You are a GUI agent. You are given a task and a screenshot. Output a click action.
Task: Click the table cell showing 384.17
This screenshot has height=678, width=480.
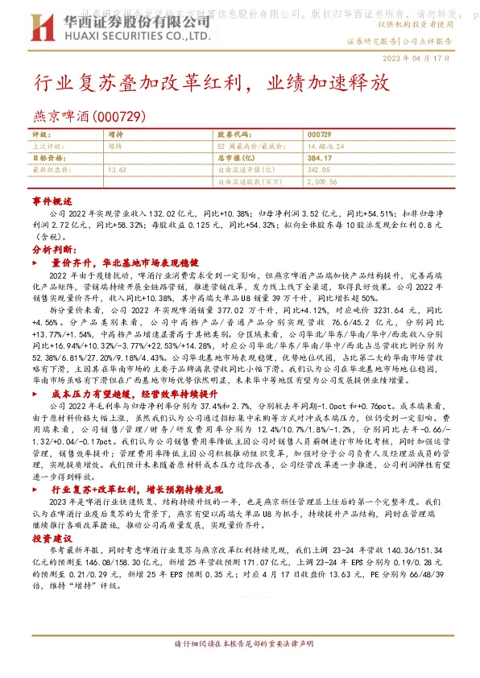coord(320,159)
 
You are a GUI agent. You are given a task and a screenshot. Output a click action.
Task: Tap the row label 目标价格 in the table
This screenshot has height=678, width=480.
coord(49,159)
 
